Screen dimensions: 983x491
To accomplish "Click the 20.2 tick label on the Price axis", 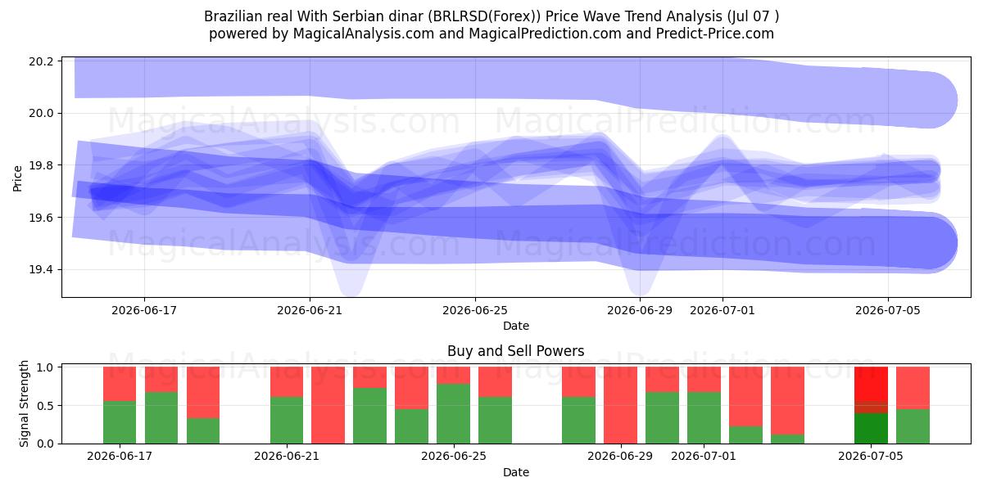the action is pyautogui.click(x=41, y=61).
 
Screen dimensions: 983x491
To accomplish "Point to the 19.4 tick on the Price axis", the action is pyautogui.click(x=41, y=269).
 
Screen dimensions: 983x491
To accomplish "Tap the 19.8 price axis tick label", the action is pyautogui.click(x=41, y=165).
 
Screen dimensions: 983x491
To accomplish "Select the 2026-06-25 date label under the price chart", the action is pyautogui.click(x=475, y=310).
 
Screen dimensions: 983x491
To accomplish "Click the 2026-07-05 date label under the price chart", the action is pyautogui.click(x=888, y=310).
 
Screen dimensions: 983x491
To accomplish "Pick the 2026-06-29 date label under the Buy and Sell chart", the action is pyautogui.click(x=620, y=456).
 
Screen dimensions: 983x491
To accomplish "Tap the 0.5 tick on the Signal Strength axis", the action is pyautogui.click(x=45, y=406).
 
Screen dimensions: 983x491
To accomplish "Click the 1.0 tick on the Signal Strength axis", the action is pyautogui.click(x=45, y=367).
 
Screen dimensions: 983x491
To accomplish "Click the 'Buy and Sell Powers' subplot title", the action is pyautogui.click(x=515, y=351).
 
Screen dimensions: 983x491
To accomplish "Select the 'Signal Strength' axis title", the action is pyautogui.click(x=24, y=403).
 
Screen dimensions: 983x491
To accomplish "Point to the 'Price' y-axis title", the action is pyautogui.click(x=17, y=178).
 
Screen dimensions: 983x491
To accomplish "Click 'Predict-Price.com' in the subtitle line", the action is pyautogui.click(x=715, y=34).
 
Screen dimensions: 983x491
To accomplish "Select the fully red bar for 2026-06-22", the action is pyautogui.click(x=328, y=405).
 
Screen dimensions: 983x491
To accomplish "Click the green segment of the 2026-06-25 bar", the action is pyautogui.click(x=453, y=413).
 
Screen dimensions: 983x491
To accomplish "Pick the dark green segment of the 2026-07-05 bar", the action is pyautogui.click(x=871, y=428).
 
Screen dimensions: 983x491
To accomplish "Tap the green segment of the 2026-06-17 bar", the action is pyautogui.click(x=120, y=422).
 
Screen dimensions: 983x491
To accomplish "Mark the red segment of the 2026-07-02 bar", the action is pyautogui.click(x=745, y=396).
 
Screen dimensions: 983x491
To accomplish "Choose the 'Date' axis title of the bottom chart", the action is pyautogui.click(x=515, y=472).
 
